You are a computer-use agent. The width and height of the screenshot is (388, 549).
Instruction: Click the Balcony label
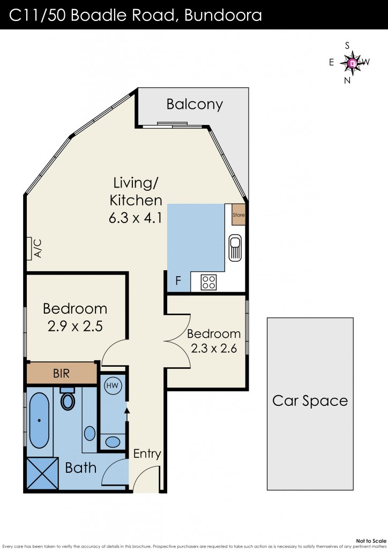pyautogui.click(x=195, y=105)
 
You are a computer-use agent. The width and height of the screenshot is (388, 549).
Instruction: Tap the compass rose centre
pyautogui.click(x=353, y=63)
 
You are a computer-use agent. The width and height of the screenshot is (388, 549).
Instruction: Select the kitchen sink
pyautogui.click(x=235, y=248)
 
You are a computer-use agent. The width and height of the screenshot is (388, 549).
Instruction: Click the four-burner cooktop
pyautogui.click(x=208, y=282)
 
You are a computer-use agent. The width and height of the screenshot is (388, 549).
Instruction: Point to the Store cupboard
pyautogui.click(x=238, y=214)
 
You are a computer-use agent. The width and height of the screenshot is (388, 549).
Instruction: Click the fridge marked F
pyautogui.click(x=178, y=280)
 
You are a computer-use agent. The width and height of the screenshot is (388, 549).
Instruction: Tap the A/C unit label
pyautogui.click(x=38, y=248)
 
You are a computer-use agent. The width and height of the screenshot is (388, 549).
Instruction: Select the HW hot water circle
pyautogui.click(x=113, y=385)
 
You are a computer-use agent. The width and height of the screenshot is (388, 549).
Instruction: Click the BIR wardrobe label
pyautogui.click(x=61, y=373)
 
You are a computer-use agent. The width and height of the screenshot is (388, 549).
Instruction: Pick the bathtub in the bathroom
pyautogui.click(x=39, y=420)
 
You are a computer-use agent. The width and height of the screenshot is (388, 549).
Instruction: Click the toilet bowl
pyautogui.click(x=68, y=399)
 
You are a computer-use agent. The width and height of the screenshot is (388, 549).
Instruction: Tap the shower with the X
pyautogui.click(x=43, y=473)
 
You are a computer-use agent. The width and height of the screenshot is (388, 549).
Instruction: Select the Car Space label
pyautogui.click(x=310, y=401)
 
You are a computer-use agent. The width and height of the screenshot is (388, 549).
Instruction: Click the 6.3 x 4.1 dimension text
pyautogui.click(x=136, y=218)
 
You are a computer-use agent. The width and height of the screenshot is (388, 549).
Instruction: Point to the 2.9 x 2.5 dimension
pyautogui.click(x=75, y=327)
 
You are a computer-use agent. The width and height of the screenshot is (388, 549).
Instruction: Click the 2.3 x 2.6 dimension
pyautogui.click(x=214, y=348)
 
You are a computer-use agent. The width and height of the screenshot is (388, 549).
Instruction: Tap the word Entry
pyautogui.click(x=147, y=454)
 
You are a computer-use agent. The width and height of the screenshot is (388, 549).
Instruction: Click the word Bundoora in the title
pyautogui.click(x=223, y=15)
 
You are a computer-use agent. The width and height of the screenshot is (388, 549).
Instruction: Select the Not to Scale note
pyautogui.click(x=371, y=541)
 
